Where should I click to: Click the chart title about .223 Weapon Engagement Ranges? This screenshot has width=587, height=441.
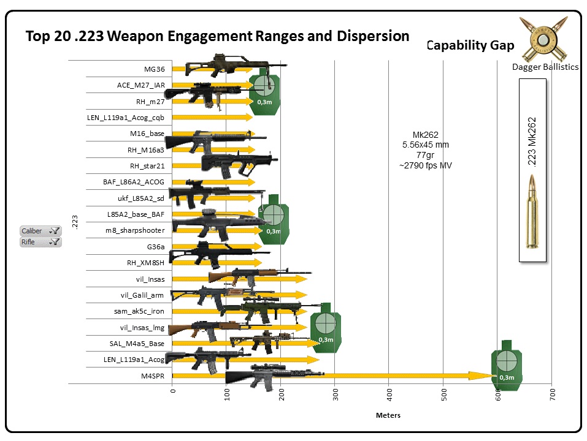[217, 36]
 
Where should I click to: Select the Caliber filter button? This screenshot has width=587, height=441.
[40, 231]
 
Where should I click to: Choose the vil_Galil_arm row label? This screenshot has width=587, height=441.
[142, 295]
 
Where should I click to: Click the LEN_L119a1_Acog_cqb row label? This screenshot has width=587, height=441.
[125, 118]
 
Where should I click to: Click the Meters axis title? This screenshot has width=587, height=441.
[388, 415]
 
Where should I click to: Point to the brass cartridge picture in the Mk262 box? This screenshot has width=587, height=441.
[532, 211]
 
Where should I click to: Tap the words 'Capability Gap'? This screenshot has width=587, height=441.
[470, 45]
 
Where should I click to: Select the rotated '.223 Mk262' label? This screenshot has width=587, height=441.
[532, 142]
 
